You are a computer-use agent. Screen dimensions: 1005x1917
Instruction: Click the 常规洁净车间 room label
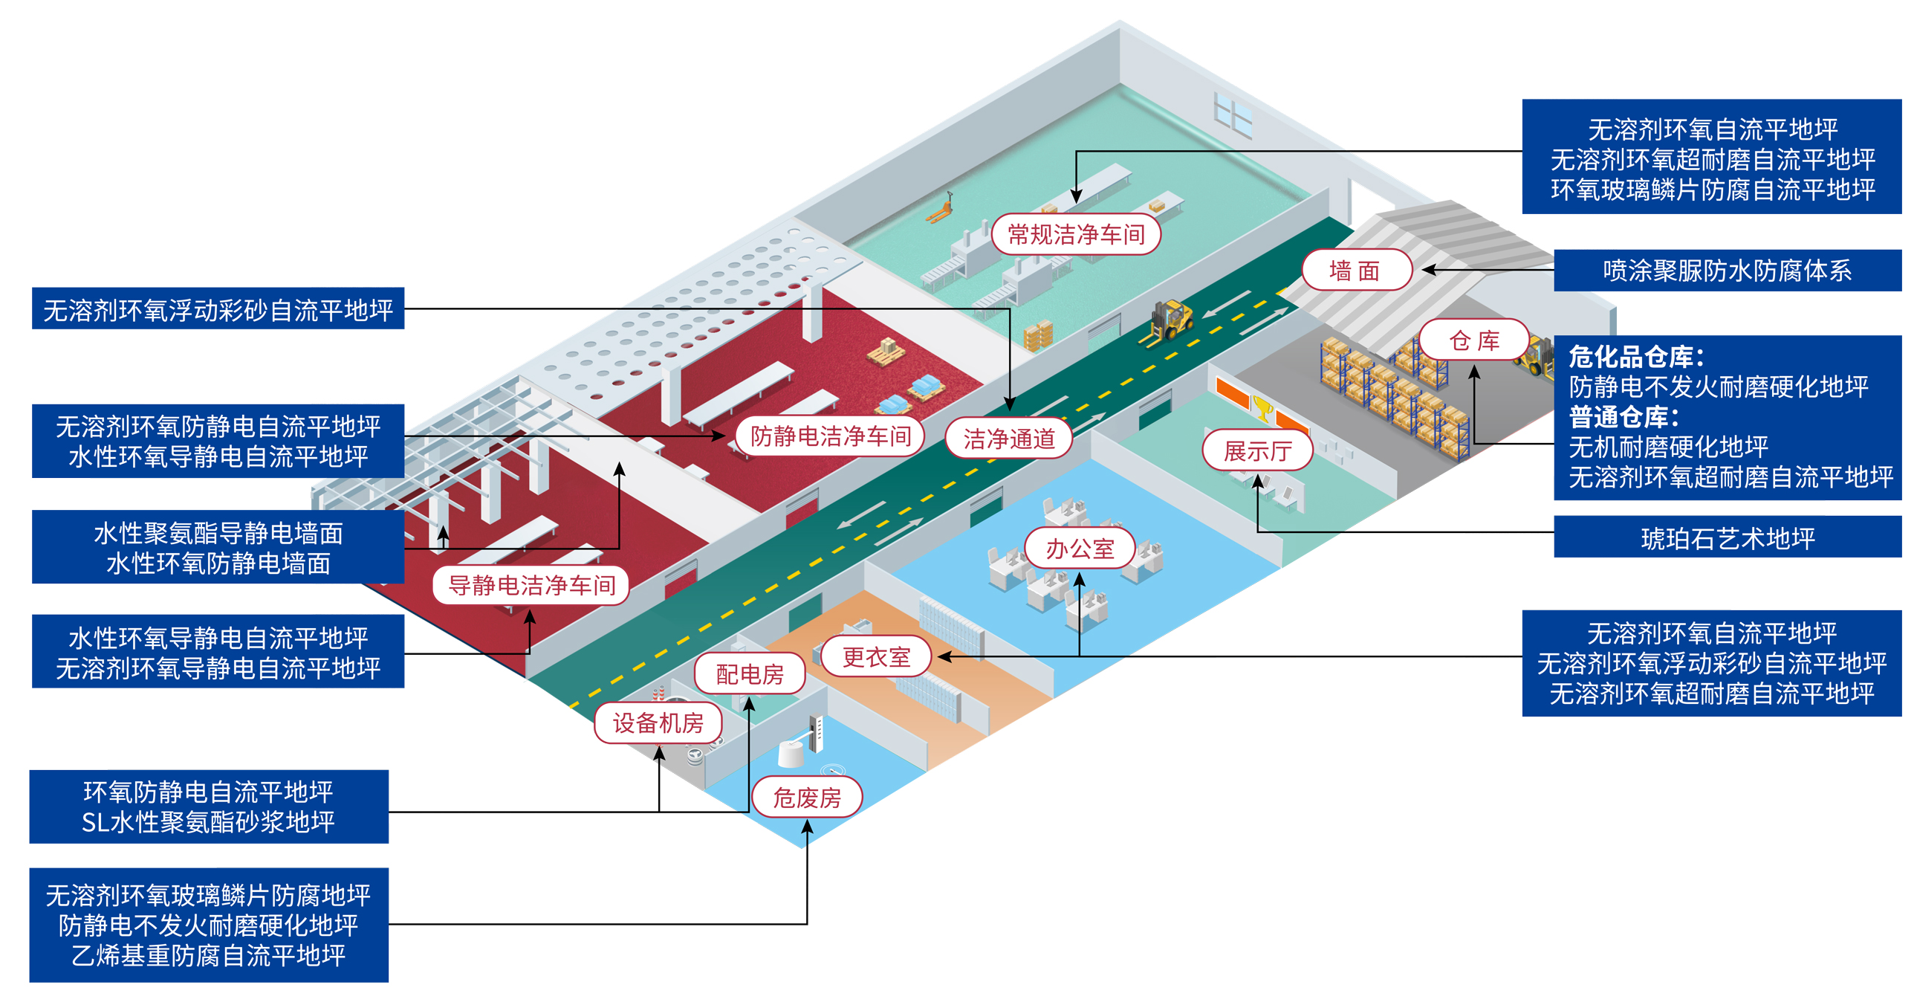click(1075, 234)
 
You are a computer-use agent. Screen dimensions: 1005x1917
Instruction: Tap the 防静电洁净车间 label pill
click(830, 436)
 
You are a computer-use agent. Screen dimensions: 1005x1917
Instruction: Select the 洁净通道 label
click(1008, 439)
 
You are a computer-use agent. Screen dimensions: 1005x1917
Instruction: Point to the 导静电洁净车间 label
click(531, 585)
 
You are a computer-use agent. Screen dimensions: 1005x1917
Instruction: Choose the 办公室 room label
click(1079, 549)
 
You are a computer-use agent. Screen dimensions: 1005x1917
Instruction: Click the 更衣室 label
click(876, 656)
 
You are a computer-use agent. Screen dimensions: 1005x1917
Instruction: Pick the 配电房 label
click(750, 673)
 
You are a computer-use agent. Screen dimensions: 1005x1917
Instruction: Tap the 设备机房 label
click(658, 722)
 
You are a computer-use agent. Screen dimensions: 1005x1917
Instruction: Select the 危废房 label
click(807, 798)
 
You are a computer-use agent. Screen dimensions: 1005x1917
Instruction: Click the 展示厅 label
click(1257, 450)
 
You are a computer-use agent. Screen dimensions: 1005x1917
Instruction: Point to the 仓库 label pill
click(1473, 340)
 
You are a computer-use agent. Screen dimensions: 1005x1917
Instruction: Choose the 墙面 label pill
click(1356, 271)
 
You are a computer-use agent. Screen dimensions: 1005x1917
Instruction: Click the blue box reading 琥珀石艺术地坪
click(1728, 537)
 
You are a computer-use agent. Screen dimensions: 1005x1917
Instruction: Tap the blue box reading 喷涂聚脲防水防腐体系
click(1728, 271)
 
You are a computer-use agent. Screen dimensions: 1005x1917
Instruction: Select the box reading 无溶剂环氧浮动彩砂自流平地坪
click(217, 309)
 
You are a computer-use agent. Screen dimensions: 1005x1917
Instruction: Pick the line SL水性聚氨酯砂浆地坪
click(208, 822)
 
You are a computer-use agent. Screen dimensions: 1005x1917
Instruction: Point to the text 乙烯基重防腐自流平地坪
click(208, 955)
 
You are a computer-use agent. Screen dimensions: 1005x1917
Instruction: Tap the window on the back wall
click(1233, 114)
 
